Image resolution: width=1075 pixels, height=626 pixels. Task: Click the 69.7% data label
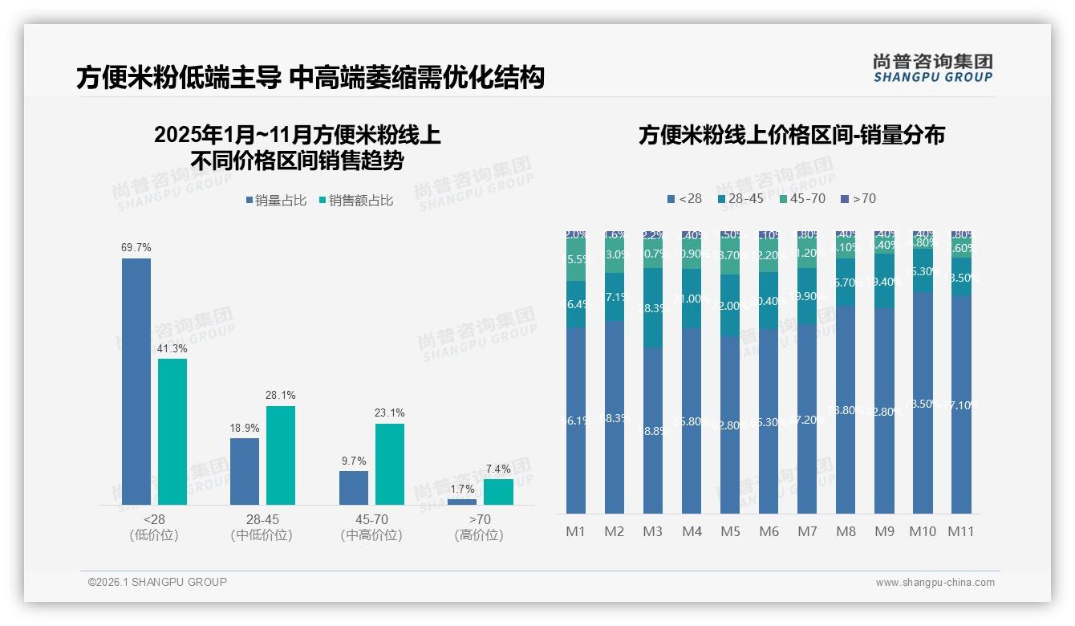tap(136, 248)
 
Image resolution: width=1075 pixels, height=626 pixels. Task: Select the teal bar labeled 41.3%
tap(172, 431)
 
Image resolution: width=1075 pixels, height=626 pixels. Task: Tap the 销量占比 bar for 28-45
tap(245, 471)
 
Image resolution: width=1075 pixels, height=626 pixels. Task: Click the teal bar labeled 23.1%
tap(389, 464)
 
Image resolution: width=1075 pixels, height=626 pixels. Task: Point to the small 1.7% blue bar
tap(461, 502)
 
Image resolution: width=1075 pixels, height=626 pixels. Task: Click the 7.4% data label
tap(497, 469)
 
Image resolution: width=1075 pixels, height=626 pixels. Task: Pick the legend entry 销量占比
tap(276, 201)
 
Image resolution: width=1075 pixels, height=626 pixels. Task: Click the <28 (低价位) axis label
tap(154, 527)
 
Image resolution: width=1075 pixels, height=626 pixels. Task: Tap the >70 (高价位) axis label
tap(479, 527)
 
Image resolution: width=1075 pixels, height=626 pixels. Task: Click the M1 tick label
tap(576, 531)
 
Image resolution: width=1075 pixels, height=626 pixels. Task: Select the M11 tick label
tap(961, 531)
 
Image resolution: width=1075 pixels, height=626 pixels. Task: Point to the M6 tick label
tap(769, 531)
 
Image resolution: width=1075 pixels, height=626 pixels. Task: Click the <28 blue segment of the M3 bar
tap(653, 430)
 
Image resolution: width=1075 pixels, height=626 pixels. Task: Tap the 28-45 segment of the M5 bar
tap(730, 305)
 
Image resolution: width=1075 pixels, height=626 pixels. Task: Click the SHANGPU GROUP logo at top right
tap(932, 68)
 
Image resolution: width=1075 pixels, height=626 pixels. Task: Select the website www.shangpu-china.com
tap(935, 583)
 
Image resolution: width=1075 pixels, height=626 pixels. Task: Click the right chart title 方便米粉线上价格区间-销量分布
tap(791, 135)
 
